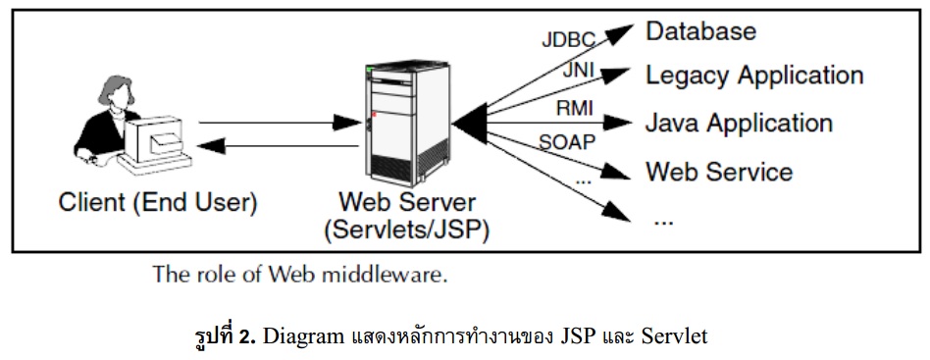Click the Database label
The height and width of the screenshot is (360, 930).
coord(700,30)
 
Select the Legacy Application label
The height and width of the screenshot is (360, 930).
coord(753,76)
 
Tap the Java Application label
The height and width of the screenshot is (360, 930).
coord(738,124)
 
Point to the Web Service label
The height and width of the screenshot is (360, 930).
coord(718,172)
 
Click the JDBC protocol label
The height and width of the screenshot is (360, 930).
coord(569,41)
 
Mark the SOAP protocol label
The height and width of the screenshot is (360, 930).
coord(567,142)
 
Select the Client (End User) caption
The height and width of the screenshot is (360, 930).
coord(158,204)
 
